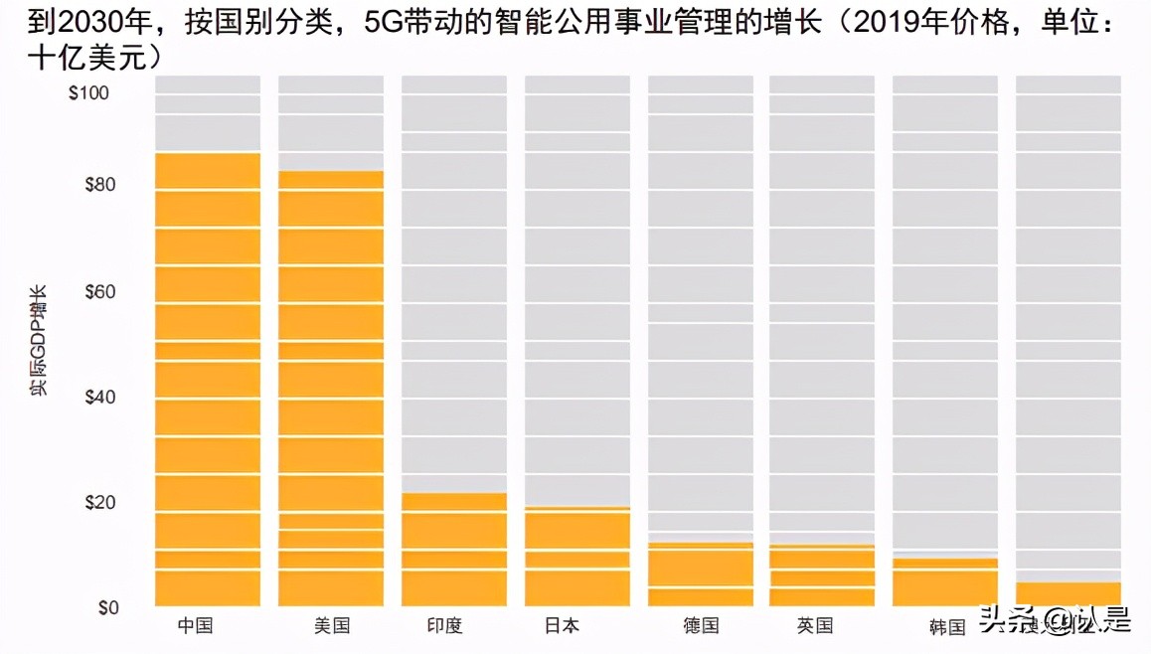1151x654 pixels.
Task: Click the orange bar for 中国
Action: click(208, 379)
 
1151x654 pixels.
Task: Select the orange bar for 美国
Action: click(331, 388)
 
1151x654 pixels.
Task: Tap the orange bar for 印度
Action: click(454, 549)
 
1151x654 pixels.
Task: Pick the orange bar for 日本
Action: click(577, 556)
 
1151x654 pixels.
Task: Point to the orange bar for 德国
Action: click(701, 573)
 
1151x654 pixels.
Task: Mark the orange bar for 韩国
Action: click(945, 581)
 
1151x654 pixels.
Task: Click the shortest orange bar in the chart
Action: click(1069, 593)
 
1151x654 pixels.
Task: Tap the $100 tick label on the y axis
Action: click(90, 93)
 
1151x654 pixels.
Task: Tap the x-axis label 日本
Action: click(562, 626)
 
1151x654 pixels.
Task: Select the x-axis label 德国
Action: click(701, 626)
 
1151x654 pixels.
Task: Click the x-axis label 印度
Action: click(444, 626)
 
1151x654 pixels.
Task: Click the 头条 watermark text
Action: click(1005, 622)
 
